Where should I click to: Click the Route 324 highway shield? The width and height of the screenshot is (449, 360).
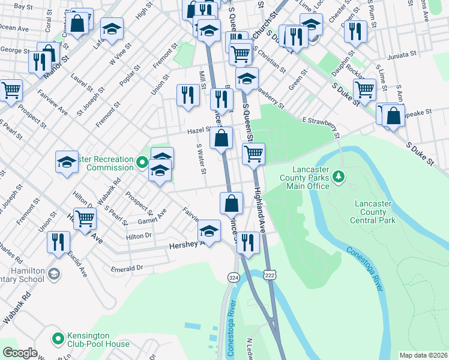233,277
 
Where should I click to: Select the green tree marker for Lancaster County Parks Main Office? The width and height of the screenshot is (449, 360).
339,176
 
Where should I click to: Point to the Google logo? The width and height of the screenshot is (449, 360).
20,353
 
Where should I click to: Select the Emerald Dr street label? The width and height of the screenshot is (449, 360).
127,268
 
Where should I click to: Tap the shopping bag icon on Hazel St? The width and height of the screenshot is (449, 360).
221,138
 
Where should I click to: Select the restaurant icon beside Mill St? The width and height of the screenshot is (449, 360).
188,94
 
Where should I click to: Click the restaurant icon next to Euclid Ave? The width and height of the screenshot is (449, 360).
58,242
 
